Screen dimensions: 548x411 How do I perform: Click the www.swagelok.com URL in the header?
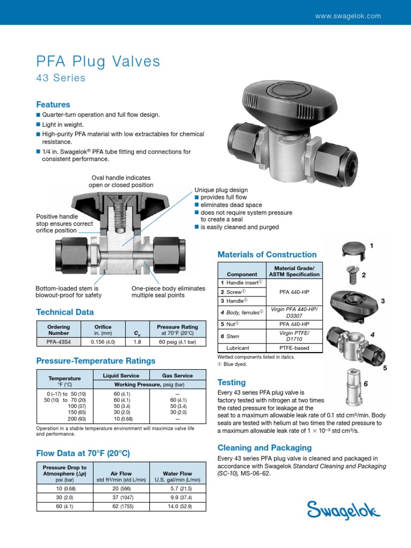(x=348, y=16)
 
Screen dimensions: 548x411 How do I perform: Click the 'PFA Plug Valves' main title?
(x=98, y=62)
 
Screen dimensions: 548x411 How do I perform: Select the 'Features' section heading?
(x=53, y=104)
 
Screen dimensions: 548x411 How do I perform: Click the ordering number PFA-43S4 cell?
(x=57, y=341)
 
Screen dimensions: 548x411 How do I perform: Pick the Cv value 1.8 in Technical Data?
(x=136, y=341)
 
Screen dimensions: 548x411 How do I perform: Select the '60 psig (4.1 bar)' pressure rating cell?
(x=177, y=341)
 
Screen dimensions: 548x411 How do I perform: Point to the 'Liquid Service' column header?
(x=121, y=376)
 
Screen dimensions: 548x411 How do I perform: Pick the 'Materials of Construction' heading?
(x=267, y=255)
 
